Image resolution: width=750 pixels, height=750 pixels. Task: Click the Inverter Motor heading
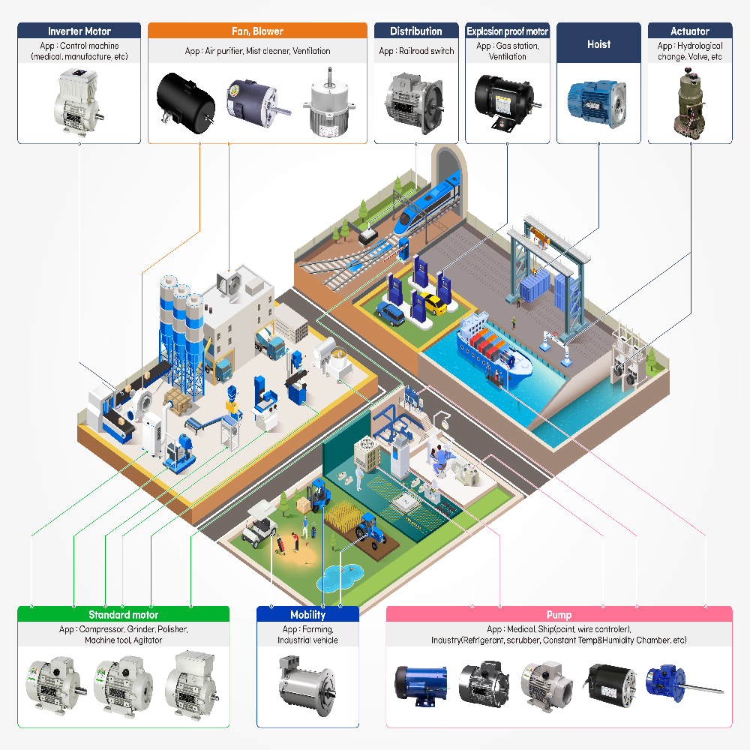coord(79,31)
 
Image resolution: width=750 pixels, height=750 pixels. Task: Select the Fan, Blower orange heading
coord(257,31)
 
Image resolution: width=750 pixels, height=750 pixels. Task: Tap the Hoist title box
coord(598,43)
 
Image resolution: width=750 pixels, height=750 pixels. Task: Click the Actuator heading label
coord(689,31)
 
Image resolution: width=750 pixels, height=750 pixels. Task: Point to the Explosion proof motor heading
coord(507,31)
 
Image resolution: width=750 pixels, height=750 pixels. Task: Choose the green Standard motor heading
coord(123,614)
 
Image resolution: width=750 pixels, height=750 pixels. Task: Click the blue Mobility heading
coord(307,614)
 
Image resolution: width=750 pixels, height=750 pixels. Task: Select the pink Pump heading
coord(559,614)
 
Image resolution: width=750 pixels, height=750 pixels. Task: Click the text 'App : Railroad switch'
coord(415,51)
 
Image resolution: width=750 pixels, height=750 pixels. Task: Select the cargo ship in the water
coord(495,349)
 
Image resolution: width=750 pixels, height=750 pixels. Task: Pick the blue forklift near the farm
coord(320,496)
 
